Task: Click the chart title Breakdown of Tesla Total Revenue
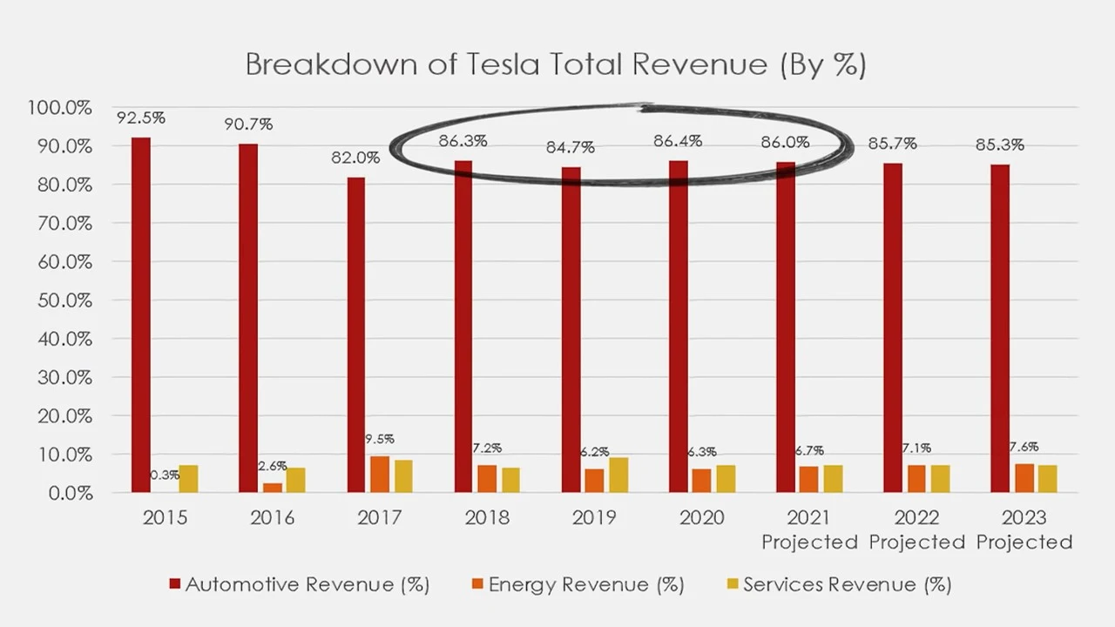(555, 64)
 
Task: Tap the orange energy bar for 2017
(379, 475)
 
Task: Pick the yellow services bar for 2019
(618, 475)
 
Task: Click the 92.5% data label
(141, 118)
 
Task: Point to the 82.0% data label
(355, 158)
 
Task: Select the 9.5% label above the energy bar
(379, 440)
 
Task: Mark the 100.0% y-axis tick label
(60, 108)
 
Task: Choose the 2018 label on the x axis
(487, 518)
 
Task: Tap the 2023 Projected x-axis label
(1024, 529)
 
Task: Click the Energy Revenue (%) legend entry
(578, 584)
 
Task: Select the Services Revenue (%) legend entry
(835, 584)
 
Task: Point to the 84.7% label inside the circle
(570, 147)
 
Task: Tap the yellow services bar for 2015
(188, 479)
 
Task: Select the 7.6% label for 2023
(1024, 447)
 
